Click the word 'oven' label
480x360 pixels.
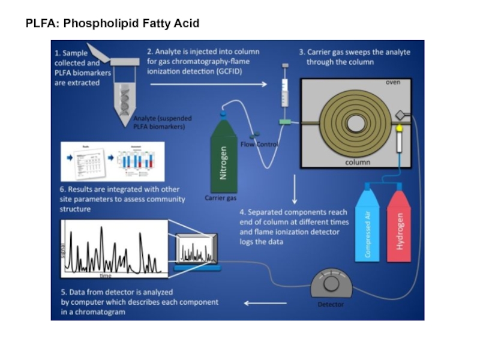(x=393, y=82)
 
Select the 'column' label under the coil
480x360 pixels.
(x=357, y=162)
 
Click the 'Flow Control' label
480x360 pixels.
(x=259, y=144)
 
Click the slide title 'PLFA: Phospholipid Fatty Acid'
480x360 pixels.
(x=112, y=23)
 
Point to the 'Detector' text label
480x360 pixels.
(x=331, y=304)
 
